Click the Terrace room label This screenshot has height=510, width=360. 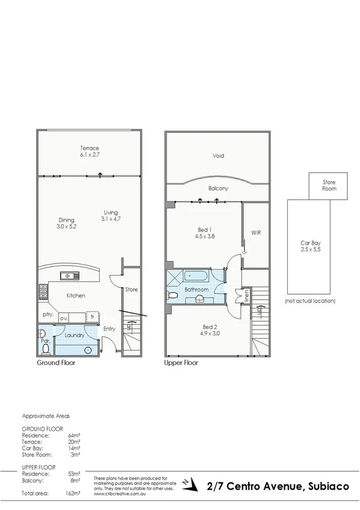90,148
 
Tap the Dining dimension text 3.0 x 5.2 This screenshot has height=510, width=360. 66,227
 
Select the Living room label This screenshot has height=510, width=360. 111,212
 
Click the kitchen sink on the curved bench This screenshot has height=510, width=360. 68,276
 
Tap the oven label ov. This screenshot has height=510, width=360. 63,318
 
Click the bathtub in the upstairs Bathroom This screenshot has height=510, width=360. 195,276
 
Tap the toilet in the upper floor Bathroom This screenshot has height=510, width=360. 173,295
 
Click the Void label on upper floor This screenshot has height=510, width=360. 218,156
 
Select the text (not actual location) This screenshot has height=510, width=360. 310,300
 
